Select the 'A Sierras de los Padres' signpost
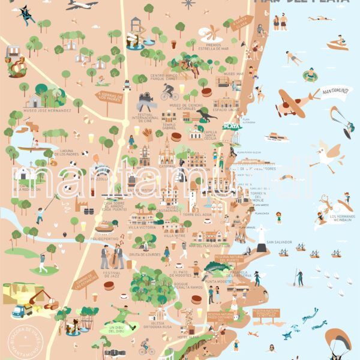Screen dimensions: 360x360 (x=109, y=97)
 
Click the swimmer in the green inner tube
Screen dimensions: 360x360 (x=310, y=75)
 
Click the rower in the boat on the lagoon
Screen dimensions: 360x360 (x=35, y=144)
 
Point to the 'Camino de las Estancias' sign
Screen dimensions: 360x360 (x=85, y=280)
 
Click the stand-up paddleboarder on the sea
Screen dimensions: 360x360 (x=298, y=277)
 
